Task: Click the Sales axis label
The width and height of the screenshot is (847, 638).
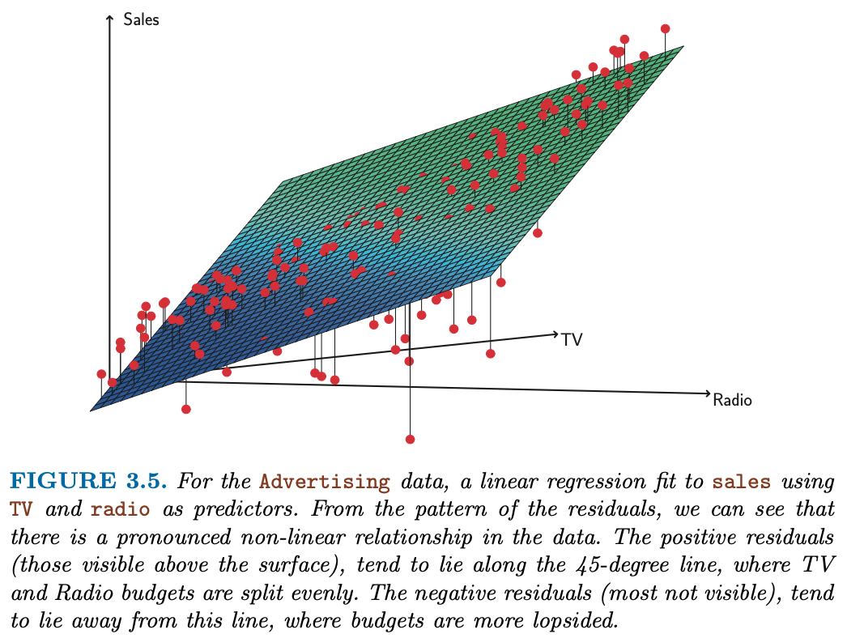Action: tap(141, 19)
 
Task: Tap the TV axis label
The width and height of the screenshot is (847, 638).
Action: tap(572, 340)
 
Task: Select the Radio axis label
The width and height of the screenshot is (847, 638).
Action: tap(732, 399)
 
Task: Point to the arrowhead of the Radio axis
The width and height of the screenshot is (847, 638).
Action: tap(706, 394)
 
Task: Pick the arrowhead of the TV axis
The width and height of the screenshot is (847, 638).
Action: tap(555, 333)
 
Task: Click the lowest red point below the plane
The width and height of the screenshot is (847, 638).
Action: tap(410, 440)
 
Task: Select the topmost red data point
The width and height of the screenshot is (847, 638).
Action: tap(666, 28)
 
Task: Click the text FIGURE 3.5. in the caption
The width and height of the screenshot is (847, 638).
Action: tap(88, 483)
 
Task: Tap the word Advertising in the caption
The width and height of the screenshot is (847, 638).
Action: tap(324, 483)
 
